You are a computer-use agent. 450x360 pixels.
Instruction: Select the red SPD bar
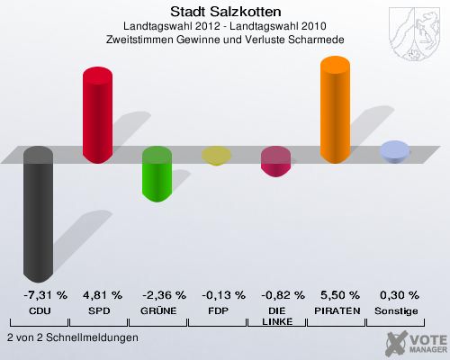[97, 113]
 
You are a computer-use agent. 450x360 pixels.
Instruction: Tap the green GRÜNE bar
[157, 174]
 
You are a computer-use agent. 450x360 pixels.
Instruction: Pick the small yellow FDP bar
[216, 156]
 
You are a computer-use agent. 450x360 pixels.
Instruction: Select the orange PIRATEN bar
[335, 110]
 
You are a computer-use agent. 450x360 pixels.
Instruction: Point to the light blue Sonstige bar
[394, 151]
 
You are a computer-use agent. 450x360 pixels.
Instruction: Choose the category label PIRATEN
[336, 310]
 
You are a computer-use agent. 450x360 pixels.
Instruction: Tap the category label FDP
[217, 310]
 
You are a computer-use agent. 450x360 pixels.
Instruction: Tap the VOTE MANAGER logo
[415, 343]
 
